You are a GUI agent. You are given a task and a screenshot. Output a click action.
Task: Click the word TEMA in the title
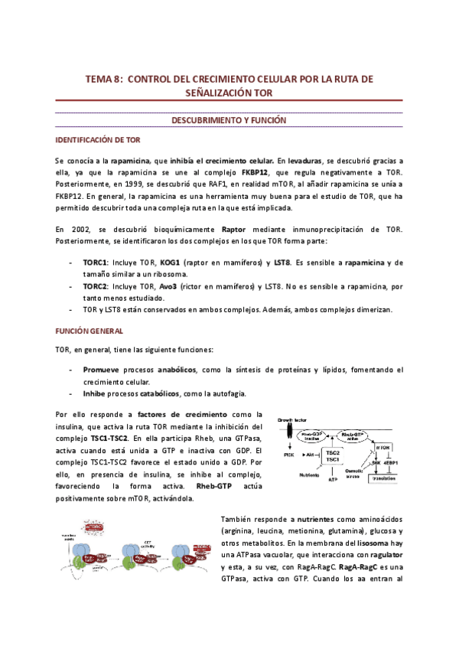pyautogui.click(x=97, y=79)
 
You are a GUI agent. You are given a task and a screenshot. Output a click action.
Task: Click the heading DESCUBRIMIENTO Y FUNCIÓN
pyautogui.click(x=229, y=121)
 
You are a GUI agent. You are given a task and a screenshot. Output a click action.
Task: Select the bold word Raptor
pyautogui.click(x=234, y=228)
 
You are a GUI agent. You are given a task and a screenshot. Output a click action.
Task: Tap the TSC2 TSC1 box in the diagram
pyautogui.click(x=333, y=456)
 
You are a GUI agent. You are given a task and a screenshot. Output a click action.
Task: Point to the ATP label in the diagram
pyautogui.click(x=333, y=480)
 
